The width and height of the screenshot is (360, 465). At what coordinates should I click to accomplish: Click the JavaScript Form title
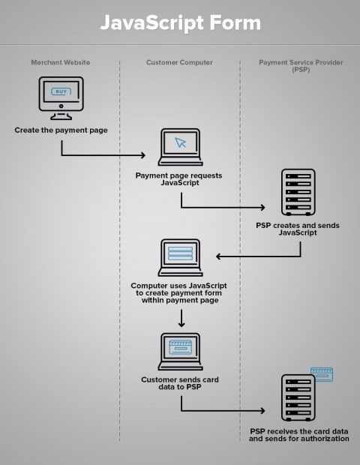click(x=180, y=23)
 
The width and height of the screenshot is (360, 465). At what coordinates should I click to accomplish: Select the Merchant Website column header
click(x=61, y=62)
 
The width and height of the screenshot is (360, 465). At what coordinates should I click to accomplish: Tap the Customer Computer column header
click(x=179, y=62)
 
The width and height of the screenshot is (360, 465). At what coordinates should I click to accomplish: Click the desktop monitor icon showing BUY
click(x=61, y=98)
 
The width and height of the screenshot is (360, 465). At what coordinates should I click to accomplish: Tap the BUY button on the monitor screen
click(x=61, y=91)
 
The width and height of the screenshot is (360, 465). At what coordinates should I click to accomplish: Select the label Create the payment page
click(x=61, y=130)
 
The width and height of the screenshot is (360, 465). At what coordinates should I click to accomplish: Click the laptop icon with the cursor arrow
click(x=179, y=148)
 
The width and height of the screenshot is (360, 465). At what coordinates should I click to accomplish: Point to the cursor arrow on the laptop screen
click(x=180, y=142)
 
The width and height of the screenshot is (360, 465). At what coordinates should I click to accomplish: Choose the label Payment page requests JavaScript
click(x=179, y=179)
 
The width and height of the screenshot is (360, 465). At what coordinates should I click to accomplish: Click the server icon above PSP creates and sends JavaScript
click(x=298, y=193)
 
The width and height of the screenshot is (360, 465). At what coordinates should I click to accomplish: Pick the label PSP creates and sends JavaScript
click(x=298, y=229)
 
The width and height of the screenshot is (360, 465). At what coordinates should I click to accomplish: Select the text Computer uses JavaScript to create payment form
click(x=179, y=292)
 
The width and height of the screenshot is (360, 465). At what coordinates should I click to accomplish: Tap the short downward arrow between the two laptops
click(x=181, y=319)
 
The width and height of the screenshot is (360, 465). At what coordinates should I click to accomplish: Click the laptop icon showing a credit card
click(x=180, y=352)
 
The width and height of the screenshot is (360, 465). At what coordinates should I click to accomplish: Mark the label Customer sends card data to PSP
click(x=180, y=383)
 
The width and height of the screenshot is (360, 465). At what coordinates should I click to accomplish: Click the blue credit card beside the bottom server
click(x=322, y=373)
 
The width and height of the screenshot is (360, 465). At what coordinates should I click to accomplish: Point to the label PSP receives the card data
click(x=298, y=435)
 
